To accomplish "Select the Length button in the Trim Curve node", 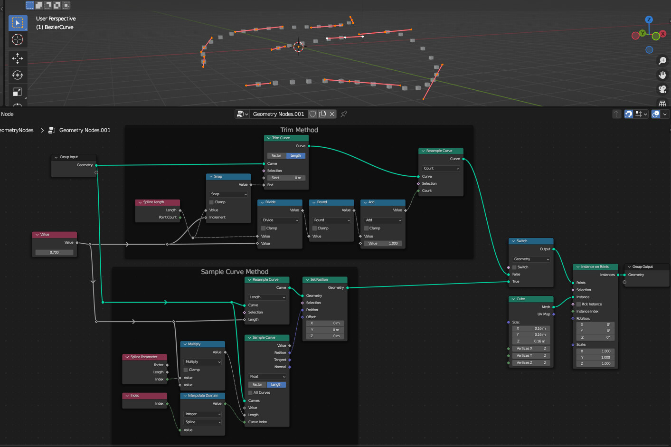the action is click(295, 156).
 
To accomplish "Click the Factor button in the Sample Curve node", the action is click(257, 385).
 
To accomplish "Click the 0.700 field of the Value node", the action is click(55, 252).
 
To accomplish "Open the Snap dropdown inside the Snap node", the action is click(228, 194).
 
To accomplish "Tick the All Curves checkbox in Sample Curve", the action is click(251, 393).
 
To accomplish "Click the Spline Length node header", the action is click(157, 202).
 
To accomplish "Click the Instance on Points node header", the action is click(595, 267).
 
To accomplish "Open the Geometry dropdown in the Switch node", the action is click(531, 259).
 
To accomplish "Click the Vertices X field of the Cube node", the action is click(531, 349).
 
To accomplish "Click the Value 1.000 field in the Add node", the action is click(383, 244).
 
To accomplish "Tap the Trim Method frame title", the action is click(299, 130).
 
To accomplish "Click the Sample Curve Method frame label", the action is click(235, 272).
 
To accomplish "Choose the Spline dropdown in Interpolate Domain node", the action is click(203, 422).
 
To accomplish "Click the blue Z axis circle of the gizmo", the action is click(649, 20).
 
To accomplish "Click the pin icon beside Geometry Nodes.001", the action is click(344, 114).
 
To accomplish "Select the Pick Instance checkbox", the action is click(579, 304).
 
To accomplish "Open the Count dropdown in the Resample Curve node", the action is click(441, 169).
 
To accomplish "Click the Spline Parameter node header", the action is click(145, 357).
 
